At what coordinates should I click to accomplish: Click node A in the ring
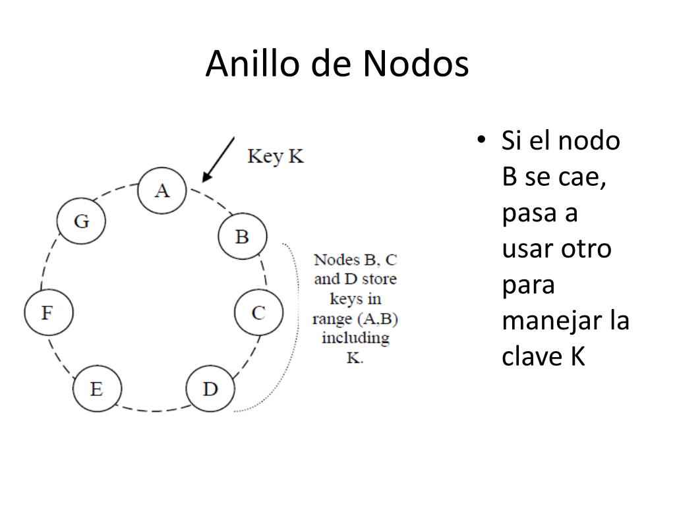click(162, 190)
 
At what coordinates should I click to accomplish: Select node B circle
click(243, 237)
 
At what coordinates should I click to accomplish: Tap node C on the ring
click(258, 312)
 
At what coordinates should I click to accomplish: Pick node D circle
click(210, 389)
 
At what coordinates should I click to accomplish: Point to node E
click(97, 389)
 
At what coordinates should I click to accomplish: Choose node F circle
click(49, 312)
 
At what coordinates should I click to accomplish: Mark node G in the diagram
click(81, 221)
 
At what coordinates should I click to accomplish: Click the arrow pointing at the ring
click(218, 159)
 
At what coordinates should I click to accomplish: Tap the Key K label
click(276, 157)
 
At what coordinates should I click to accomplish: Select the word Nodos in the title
click(416, 64)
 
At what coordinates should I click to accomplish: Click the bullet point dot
click(481, 140)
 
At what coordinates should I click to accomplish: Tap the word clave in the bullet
click(532, 356)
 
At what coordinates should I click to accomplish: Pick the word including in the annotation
click(355, 338)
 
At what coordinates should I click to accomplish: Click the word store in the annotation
click(379, 279)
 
